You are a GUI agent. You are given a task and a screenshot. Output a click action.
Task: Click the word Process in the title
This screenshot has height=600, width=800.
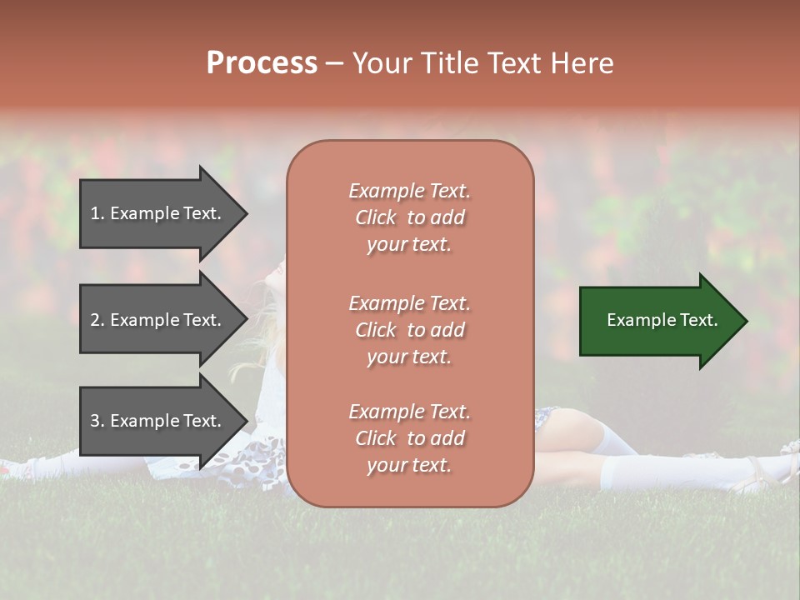click(x=262, y=63)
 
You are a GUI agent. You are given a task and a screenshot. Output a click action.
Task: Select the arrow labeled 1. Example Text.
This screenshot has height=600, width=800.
click(x=158, y=213)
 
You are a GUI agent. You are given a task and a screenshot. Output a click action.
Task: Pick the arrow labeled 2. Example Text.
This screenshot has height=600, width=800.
click(x=158, y=320)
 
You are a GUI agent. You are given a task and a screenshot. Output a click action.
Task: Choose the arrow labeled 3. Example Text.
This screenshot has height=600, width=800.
click(x=158, y=421)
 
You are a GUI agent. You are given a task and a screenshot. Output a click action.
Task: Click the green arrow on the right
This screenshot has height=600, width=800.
click(x=658, y=320)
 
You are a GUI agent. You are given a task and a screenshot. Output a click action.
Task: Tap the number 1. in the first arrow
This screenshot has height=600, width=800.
click(x=97, y=213)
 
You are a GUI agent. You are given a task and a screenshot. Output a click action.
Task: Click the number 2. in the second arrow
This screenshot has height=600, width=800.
click(x=97, y=320)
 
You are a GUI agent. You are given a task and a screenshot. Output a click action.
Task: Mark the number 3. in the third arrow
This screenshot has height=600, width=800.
click(x=97, y=421)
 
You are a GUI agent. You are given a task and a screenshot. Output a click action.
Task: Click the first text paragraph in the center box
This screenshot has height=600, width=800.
click(x=409, y=217)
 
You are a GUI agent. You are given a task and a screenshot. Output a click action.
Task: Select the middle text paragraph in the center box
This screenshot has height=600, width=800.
click(x=409, y=330)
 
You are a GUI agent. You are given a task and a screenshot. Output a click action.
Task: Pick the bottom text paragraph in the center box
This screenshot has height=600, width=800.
click(x=409, y=438)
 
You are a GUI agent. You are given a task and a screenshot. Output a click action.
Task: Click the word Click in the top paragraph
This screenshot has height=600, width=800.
click(x=375, y=217)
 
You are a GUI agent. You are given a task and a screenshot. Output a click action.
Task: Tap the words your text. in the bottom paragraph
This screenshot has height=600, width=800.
click(x=409, y=465)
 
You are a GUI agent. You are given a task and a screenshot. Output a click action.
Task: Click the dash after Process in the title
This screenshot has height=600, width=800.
click(x=334, y=64)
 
